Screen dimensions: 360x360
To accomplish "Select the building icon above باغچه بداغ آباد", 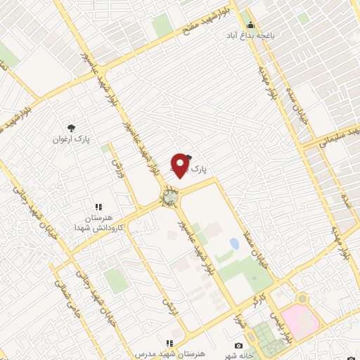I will click(x=250, y=25).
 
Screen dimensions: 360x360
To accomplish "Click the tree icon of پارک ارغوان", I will click(x=70, y=127).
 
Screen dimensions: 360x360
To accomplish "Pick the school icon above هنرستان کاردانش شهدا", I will click(x=98, y=207).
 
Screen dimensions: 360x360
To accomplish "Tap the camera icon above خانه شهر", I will click(x=239, y=345).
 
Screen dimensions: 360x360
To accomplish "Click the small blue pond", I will click(x=233, y=243).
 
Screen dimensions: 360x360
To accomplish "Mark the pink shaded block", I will click(x=301, y=320).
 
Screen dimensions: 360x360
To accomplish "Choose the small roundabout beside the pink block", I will click(x=302, y=298).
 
